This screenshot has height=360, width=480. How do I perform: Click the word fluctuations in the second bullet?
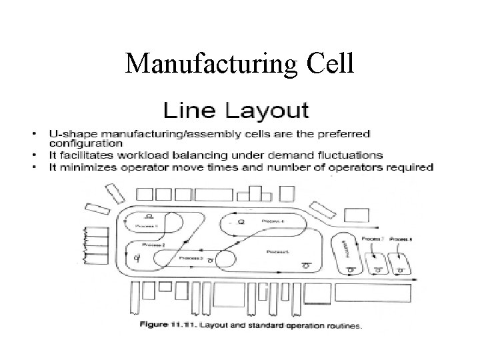356,155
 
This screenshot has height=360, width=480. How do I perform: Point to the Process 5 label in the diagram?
278,251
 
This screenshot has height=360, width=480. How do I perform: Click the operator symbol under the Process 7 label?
377,269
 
